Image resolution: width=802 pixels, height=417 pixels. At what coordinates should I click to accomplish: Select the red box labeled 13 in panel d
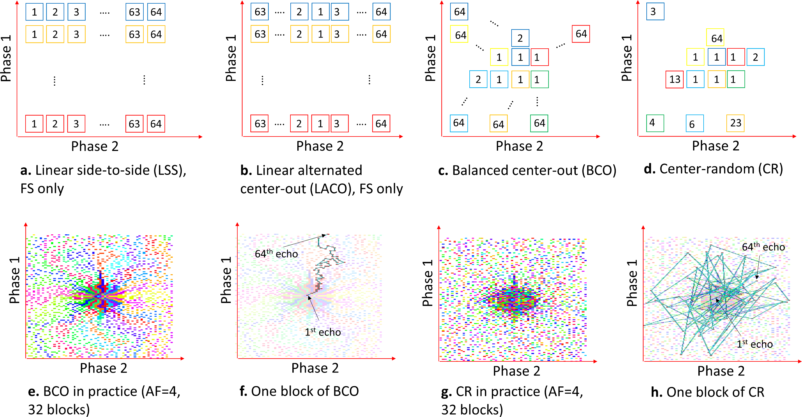(x=674, y=80)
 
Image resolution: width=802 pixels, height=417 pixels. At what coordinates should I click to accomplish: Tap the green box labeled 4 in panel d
(x=655, y=123)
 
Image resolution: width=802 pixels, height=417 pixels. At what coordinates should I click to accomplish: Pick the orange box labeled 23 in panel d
(x=735, y=123)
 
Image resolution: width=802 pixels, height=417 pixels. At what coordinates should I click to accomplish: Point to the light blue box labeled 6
(x=694, y=124)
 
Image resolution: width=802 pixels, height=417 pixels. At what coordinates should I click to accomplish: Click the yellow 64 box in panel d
(x=715, y=38)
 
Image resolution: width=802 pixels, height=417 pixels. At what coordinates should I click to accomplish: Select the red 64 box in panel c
(x=581, y=34)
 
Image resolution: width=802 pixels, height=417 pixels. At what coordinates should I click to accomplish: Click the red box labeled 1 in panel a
(x=34, y=124)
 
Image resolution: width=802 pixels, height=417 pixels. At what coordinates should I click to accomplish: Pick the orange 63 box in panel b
(x=260, y=34)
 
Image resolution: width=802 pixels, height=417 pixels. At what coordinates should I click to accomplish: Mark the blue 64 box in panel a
(x=156, y=12)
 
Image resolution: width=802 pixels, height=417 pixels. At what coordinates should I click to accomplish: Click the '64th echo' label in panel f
(x=276, y=254)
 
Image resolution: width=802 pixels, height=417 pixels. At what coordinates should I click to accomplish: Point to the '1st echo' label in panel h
(x=754, y=344)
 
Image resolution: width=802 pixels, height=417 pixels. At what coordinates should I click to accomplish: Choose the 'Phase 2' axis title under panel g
(x=517, y=371)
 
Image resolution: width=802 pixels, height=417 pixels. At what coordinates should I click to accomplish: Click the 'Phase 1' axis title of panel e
(x=15, y=280)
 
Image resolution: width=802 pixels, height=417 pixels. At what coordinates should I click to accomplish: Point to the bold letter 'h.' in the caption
(x=657, y=392)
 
